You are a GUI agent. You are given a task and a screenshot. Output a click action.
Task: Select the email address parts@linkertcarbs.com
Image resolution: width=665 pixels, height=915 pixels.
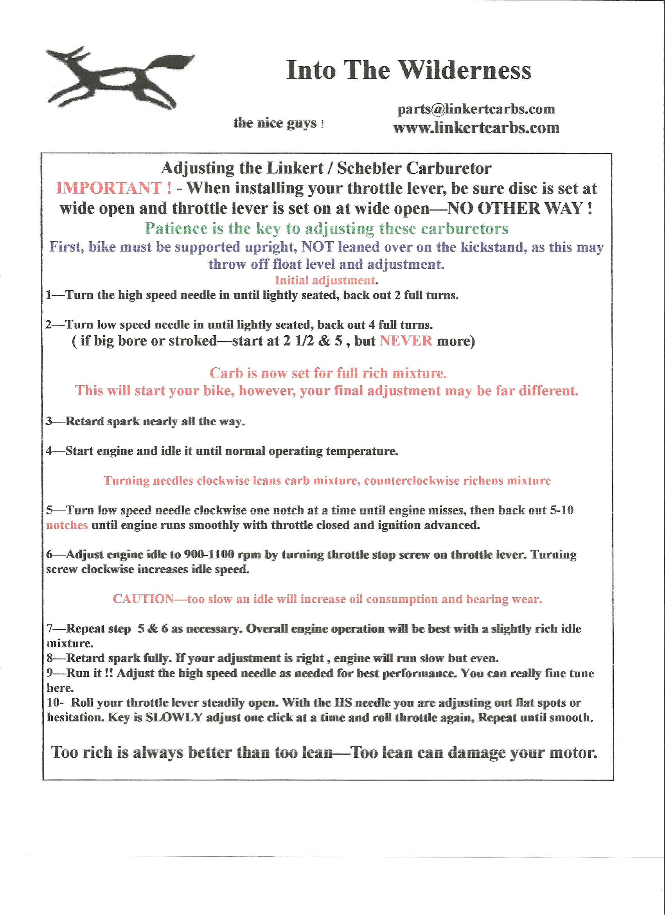click(476, 109)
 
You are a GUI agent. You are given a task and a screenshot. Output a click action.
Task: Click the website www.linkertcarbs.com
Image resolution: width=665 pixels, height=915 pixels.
click(476, 128)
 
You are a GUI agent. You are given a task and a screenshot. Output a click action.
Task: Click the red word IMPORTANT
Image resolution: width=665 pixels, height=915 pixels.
click(109, 189)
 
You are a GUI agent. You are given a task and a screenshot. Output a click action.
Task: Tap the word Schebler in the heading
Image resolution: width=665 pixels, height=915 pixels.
click(369, 168)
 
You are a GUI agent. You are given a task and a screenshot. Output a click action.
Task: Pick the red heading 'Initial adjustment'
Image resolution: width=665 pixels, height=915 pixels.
click(325, 280)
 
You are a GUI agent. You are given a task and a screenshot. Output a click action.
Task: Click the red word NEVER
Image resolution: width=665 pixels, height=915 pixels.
click(406, 341)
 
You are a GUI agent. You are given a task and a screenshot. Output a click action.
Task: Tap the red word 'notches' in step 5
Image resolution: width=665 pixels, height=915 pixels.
click(66, 525)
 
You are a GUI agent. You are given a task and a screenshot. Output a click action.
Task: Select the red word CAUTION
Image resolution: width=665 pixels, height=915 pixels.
click(143, 599)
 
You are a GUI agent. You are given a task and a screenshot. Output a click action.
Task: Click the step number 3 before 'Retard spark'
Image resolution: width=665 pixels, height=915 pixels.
click(49, 421)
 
